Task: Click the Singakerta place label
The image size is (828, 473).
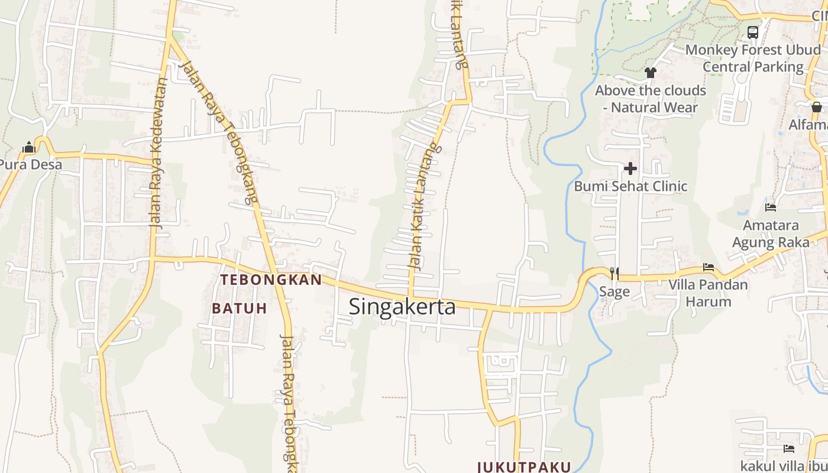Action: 402,307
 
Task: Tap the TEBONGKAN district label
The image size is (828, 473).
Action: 271,280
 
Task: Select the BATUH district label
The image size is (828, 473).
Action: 240,308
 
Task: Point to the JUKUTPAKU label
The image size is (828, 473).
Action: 524,466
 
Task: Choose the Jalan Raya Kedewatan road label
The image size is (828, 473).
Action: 158,154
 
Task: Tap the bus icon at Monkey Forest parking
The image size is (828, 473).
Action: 753,33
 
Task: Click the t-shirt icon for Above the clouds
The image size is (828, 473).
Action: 651,73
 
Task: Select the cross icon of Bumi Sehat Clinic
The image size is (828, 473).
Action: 630,169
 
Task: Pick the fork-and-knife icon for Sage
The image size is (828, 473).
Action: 614,273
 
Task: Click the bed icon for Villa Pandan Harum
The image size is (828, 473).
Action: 709,267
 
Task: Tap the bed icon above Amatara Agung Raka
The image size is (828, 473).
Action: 771,208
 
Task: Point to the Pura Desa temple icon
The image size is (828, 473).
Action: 28,147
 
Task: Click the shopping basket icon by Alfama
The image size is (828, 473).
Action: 817,107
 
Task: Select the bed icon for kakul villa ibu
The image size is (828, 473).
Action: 788,449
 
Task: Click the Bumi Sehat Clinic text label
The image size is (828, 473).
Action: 630,186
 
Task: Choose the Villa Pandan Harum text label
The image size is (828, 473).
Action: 708,293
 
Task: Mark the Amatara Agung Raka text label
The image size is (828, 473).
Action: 771,234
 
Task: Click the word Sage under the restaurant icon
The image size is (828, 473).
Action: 614,291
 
